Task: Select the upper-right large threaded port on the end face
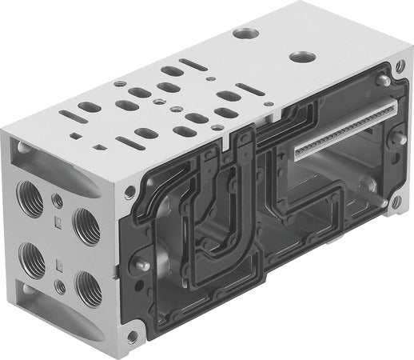tap(86, 226)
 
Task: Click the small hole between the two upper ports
tap(58, 201)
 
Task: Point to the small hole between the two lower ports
tap(60, 284)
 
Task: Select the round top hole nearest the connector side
tap(302, 58)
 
